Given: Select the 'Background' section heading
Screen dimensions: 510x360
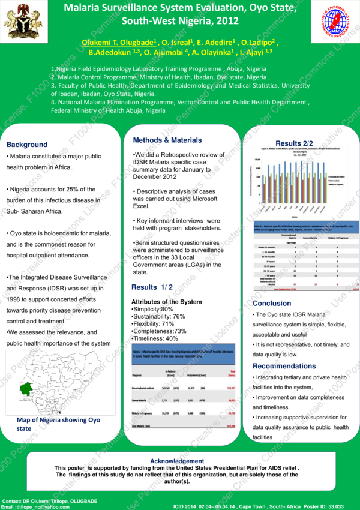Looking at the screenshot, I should tap(27, 145).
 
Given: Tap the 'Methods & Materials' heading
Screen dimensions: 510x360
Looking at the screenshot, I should tap(167, 140).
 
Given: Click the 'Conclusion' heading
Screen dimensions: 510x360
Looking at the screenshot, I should tap(272, 304).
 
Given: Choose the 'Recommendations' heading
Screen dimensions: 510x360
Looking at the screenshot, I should tap(284, 366).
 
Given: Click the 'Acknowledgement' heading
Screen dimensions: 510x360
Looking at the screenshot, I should tap(176, 461).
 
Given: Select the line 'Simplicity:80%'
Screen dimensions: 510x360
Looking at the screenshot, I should tap(152, 309).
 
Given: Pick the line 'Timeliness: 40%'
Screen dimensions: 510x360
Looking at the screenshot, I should tap(155, 339).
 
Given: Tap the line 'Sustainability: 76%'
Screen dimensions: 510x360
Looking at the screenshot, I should tap(158, 316).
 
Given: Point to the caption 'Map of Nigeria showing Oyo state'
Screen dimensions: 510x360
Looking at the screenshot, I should tap(58, 424).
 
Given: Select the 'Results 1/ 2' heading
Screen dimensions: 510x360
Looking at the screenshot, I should tap(152, 287).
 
